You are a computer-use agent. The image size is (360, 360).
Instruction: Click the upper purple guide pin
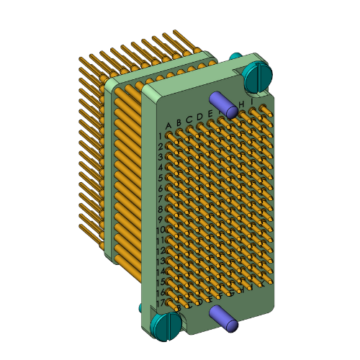click(225, 104)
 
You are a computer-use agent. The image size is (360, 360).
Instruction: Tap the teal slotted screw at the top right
click(257, 74)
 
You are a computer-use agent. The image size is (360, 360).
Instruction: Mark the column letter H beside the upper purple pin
click(242, 105)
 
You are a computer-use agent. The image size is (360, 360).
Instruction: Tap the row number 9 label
click(160, 220)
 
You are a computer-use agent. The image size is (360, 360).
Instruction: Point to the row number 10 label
click(160, 230)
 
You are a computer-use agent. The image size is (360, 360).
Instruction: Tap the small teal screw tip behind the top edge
click(235, 55)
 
